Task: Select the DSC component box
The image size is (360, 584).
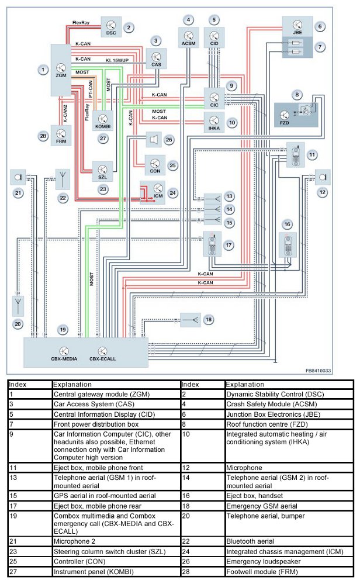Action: pos(111,26)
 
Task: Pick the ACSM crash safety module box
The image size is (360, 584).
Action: pos(188,39)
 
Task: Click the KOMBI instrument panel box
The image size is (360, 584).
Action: pos(105,118)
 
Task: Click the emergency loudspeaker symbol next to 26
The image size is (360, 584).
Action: pos(153,140)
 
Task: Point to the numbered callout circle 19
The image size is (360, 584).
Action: pos(63,330)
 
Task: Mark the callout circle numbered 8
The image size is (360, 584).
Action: pos(298,94)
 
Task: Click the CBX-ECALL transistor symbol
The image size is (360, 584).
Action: pos(102,351)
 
